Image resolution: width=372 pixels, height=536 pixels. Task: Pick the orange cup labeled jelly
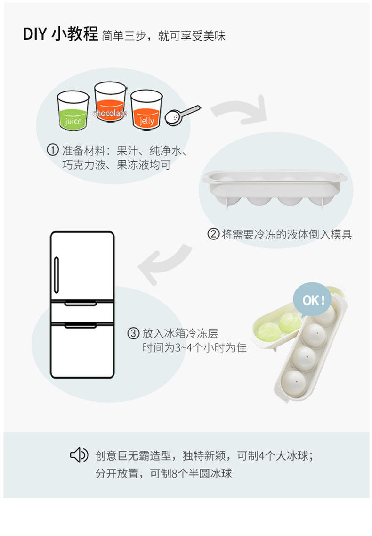click(x=146, y=110)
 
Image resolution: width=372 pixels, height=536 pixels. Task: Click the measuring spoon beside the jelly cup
click(x=181, y=113)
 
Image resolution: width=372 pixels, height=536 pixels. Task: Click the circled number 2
click(x=214, y=234)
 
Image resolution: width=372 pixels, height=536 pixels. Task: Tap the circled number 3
click(x=134, y=334)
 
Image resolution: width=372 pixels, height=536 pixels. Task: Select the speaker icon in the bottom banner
click(x=79, y=455)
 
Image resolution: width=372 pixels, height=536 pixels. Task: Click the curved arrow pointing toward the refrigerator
click(x=162, y=264)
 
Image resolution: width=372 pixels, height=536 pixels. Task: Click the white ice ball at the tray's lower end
click(x=293, y=382)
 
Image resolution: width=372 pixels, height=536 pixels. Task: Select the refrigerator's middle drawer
click(x=82, y=313)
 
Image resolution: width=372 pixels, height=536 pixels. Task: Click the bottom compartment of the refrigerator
click(x=82, y=351)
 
